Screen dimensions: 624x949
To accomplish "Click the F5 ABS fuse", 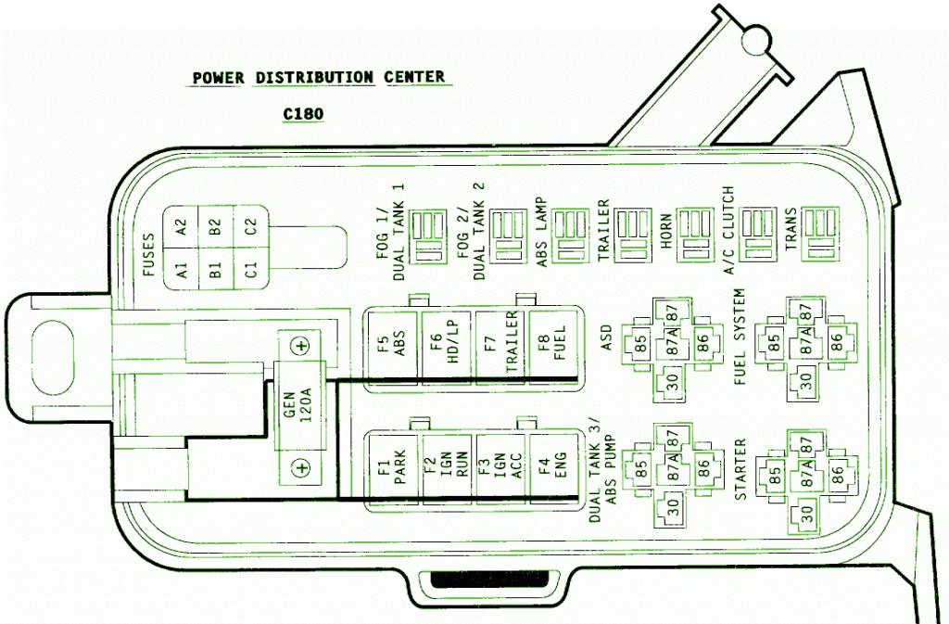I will pos(394,346).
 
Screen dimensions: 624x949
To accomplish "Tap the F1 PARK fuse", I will pos(394,471).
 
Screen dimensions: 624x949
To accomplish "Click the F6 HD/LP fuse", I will pos(447,346).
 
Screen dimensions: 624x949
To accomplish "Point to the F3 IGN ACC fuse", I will pos(500,471).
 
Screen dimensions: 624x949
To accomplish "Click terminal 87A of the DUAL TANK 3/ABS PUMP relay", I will pos(672,468).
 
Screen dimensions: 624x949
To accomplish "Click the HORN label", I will pos(665,233).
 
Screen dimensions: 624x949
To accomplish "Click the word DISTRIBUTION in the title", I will pos(312,77).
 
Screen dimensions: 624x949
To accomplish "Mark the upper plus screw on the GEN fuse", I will pos(299,346).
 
